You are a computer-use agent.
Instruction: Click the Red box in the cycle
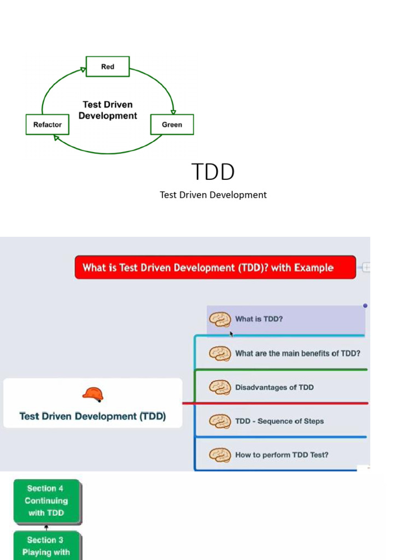point(108,67)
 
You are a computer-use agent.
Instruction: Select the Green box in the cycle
point(172,125)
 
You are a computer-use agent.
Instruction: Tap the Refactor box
point(48,125)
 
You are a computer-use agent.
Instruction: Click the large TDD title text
point(213,172)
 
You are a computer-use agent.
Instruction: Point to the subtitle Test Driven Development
point(213,195)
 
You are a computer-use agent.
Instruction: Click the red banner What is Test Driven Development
point(215,267)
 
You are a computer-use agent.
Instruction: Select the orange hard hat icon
point(93,394)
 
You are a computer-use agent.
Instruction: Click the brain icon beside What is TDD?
point(220,319)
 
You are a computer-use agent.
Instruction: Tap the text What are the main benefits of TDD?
point(297,353)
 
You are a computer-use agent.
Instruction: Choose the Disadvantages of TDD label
point(275,387)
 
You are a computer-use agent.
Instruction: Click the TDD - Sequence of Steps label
point(279,421)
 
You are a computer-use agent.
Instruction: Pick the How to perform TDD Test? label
point(282,454)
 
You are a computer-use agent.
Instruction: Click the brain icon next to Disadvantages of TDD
point(220,387)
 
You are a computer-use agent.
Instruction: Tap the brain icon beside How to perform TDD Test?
point(220,455)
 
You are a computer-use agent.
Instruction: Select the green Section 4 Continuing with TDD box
point(46,500)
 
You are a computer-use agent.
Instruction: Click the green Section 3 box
point(46,546)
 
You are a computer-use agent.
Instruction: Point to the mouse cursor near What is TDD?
point(231,333)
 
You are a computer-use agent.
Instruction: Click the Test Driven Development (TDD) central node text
point(92,416)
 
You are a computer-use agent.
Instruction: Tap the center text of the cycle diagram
point(108,110)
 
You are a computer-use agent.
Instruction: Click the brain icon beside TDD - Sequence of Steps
point(220,421)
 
